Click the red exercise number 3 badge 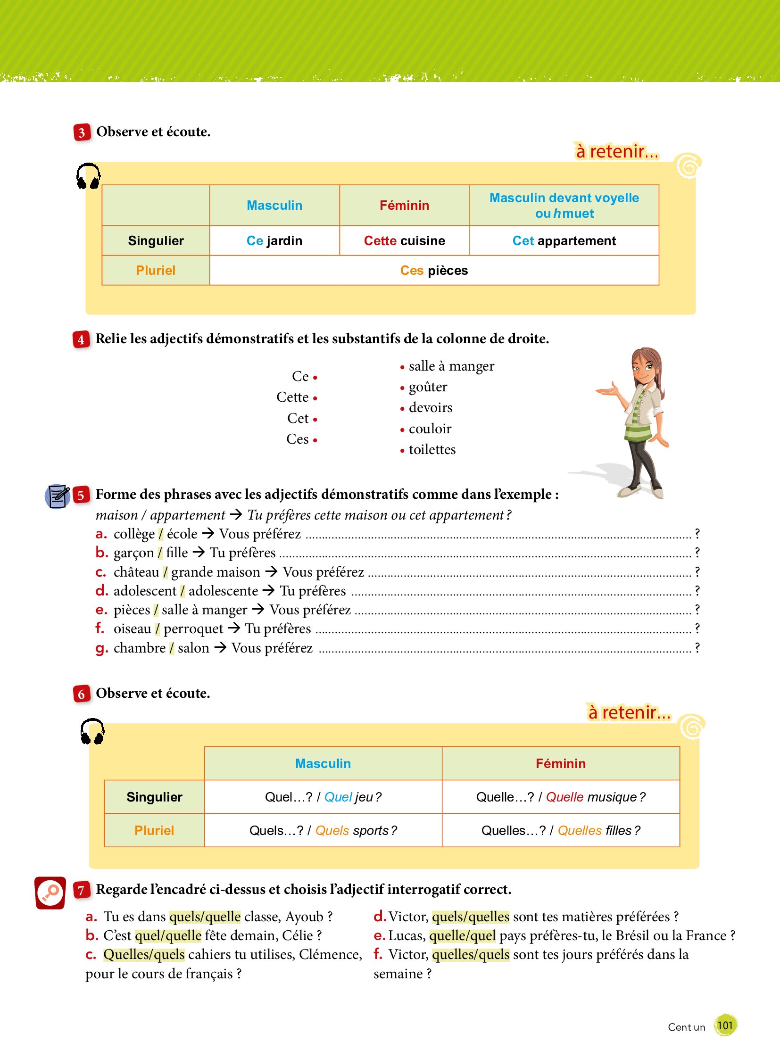click(x=82, y=132)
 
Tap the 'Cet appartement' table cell click(x=564, y=241)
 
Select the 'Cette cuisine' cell click(x=404, y=241)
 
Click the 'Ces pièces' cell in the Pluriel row click(x=433, y=271)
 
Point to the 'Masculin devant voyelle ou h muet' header click(x=564, y=206)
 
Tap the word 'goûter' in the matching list click(x=428, y=387)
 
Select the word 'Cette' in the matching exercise click(x=292, y=397)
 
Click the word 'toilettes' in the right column click(x=432, y=449)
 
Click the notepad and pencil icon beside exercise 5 click(x=57, y=496)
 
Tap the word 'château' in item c click(x=136, y=572)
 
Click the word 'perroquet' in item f click(x=193, y=629)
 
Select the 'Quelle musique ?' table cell click(x=560, y=797)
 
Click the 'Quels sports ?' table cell click(x=323, y=830)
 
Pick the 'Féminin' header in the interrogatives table click(x=560, y=763)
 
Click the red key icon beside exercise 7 click(x=50, y=893)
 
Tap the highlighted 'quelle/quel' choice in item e click(x=462, y=936)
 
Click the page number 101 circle click(x=725, y=1025)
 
